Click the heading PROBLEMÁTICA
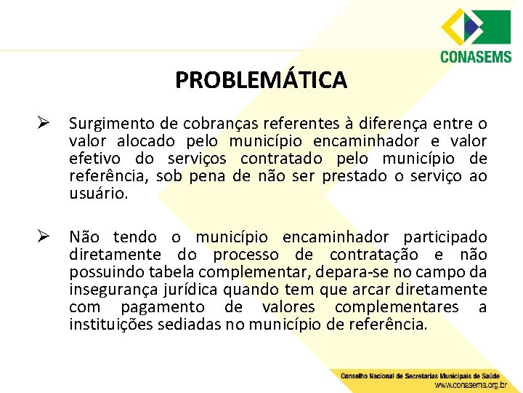coord(261,79)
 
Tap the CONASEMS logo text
coord(476,56)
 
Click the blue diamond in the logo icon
coord(468,26)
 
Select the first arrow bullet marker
coord(44,123)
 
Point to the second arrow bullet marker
coord(44,237)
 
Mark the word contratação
coord(373,255)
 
